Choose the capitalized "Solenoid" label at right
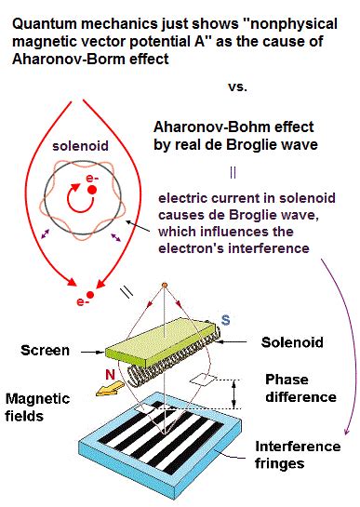293,342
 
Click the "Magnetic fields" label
38,407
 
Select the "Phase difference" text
300,389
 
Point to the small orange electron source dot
164,284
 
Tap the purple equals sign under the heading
233,172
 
